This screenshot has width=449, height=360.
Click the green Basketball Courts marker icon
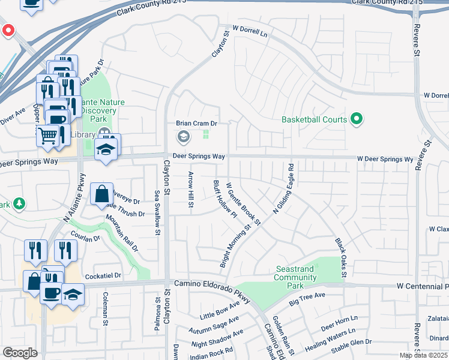(x=357, y=119)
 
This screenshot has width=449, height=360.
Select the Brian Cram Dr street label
(x=196, y=123)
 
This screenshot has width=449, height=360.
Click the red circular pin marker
(x=8, y=30)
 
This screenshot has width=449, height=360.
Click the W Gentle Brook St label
(x=243, y=204)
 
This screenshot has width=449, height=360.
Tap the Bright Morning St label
(x=235, y=247)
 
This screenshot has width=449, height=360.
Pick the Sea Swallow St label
(x=157, y=212)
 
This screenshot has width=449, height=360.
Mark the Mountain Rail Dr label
(x=122, y=233)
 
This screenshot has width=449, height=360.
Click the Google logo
(x=20, y=353)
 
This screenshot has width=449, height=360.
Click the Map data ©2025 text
(x=423, y=355)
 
